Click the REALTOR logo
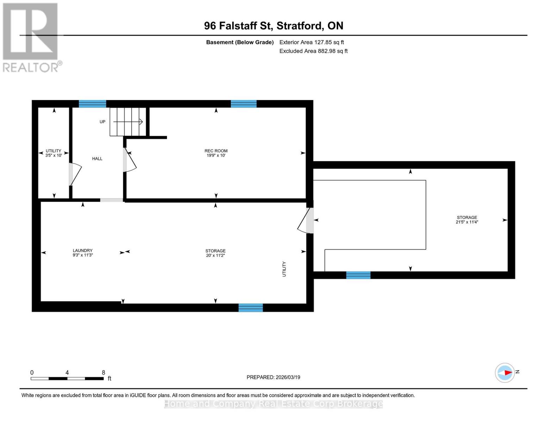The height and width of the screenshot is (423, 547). [31, 37]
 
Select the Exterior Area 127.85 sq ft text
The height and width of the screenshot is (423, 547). [311, 42]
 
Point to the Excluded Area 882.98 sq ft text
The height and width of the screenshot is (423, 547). [313, 51]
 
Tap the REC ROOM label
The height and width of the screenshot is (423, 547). [216, 151]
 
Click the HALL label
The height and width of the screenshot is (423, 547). [97, 159]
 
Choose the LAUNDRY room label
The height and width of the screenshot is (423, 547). [82, 251]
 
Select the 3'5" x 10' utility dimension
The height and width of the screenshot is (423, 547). [54, 155]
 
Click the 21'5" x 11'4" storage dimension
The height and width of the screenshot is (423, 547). [467, 222]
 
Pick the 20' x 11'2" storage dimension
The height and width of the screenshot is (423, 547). [215, 255]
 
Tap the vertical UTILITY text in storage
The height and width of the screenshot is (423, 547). [284, 269]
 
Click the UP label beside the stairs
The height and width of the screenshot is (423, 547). [102, 122]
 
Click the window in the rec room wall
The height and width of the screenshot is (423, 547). [243, 104]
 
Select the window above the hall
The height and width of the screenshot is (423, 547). [92, 104]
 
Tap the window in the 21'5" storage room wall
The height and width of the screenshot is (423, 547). [358, 275]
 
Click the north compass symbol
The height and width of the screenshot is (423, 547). [505, 373]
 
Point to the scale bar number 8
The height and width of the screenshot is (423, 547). [104, 373]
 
